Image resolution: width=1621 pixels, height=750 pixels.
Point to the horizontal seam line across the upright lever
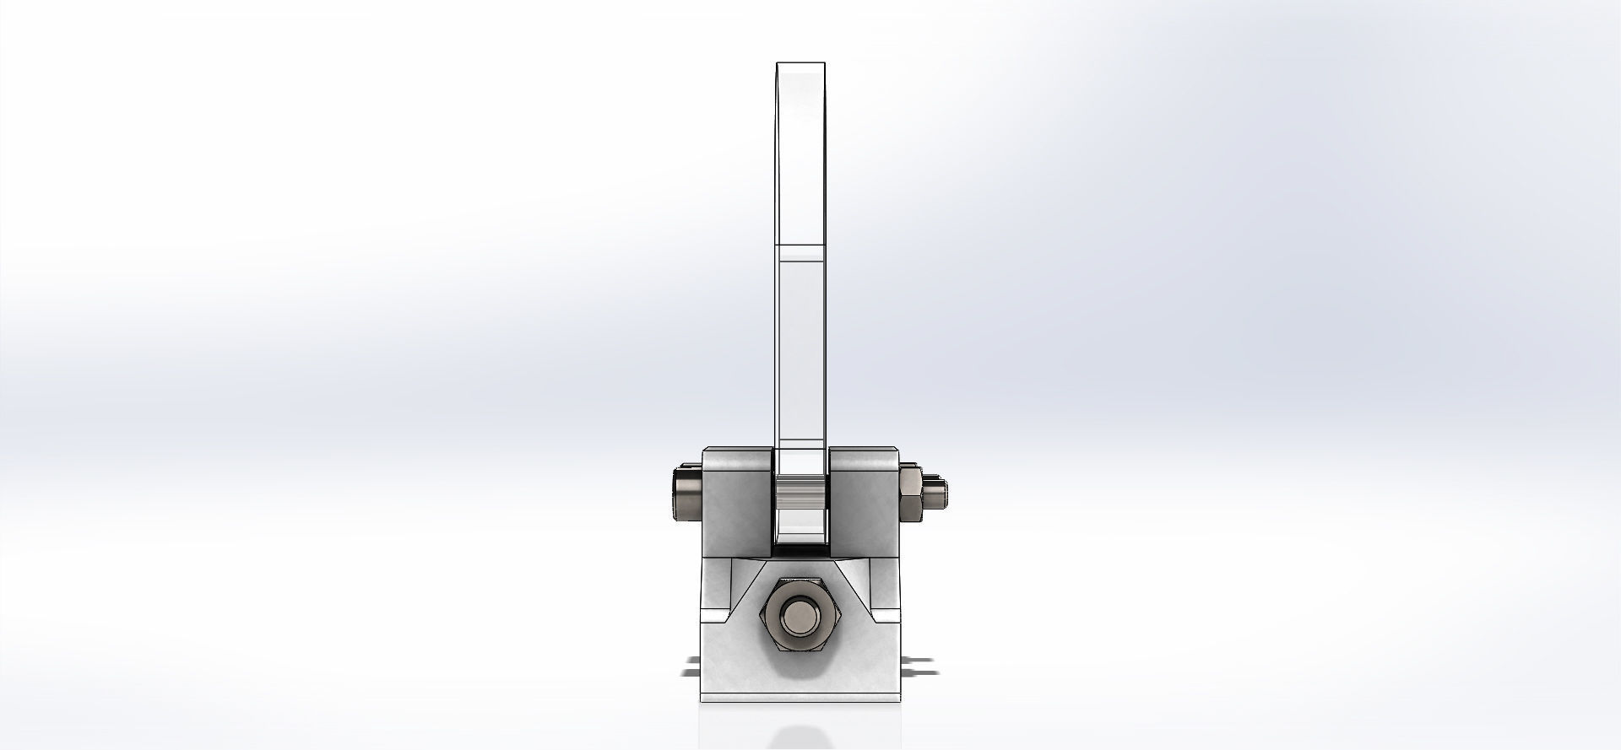(x=800, y=246)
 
